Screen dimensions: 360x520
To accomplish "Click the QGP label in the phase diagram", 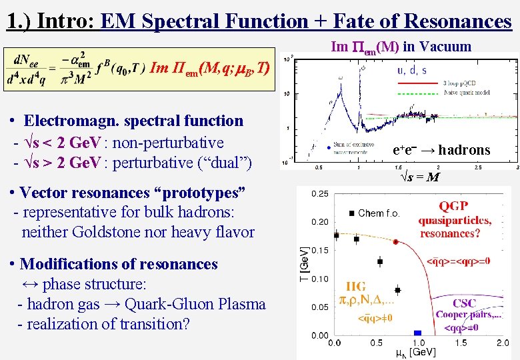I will coord(453,205).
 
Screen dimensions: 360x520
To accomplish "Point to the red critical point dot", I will coord(396,242).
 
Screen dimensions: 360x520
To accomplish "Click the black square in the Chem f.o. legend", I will coord(351,213).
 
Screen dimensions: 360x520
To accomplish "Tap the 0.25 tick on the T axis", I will coord(319,194).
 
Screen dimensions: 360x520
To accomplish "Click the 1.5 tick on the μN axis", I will coord(461,343).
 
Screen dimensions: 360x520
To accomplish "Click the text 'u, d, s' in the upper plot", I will coord(411,69).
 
